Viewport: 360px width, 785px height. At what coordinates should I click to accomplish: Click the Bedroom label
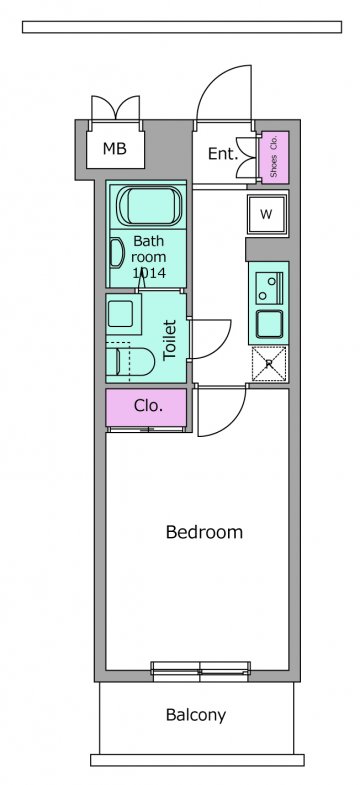pos(204,532)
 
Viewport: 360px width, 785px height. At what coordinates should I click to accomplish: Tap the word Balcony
pos(196,715)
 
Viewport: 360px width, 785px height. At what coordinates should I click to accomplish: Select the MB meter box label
pos(115,148)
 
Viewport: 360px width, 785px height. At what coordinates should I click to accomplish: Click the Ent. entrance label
pos(222,154)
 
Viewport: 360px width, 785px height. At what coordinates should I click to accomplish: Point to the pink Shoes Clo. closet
pos(273,157)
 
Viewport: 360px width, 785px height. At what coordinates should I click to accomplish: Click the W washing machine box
pos(267,214)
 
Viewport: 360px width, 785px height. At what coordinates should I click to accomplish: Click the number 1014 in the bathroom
pos(149,273)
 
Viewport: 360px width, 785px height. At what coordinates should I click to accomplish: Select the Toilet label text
pos(171,339)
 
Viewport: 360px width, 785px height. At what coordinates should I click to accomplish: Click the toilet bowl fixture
pos(133,361)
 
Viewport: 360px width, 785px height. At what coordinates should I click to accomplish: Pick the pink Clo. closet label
pos(148,406)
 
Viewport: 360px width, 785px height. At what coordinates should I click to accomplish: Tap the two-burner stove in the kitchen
pos(269,287)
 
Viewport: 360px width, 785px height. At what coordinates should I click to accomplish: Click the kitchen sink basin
pos(269,325)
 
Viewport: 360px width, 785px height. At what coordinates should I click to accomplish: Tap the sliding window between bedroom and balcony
pos(200,671)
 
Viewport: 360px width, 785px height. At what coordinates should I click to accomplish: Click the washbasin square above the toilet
pos(121,314)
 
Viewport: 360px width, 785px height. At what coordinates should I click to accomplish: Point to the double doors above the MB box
pos(116,108)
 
